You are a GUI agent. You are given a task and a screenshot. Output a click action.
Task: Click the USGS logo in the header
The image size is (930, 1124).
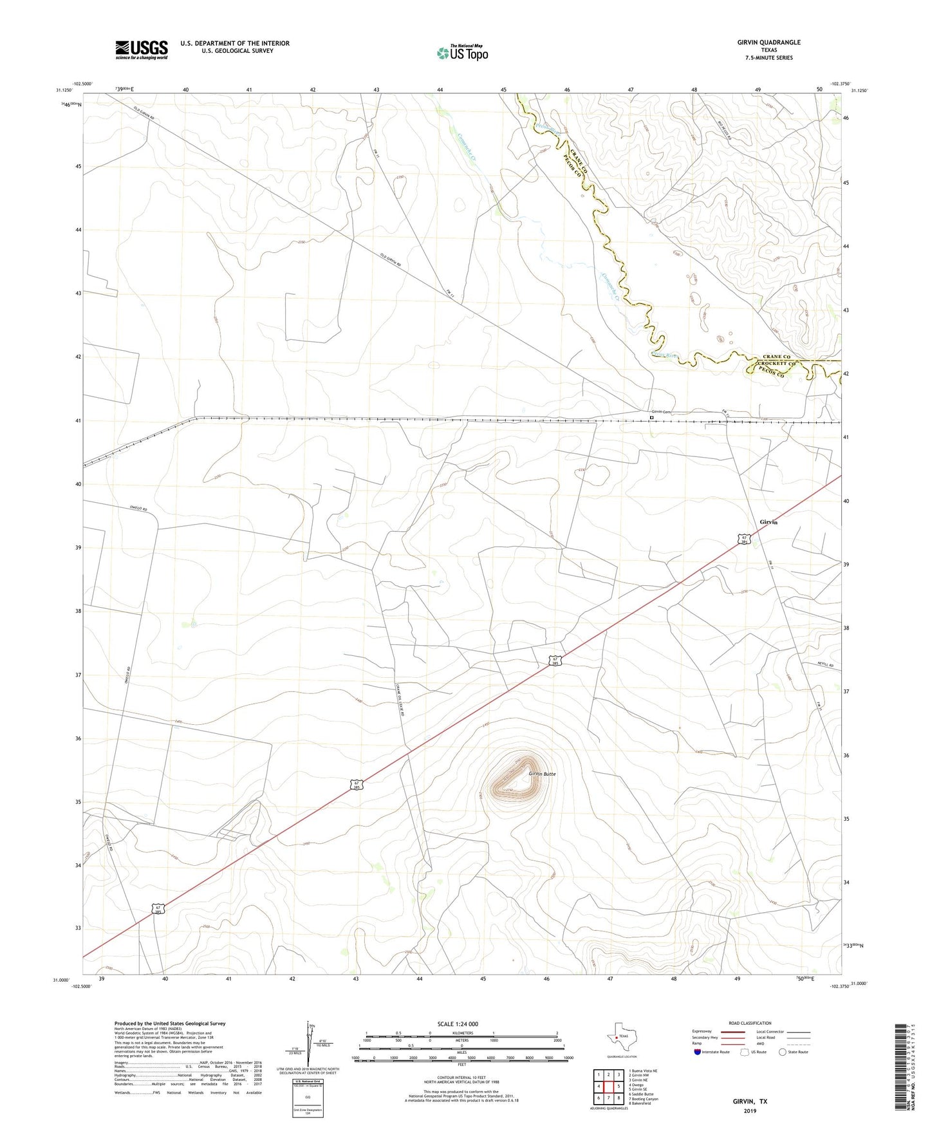[142, 50]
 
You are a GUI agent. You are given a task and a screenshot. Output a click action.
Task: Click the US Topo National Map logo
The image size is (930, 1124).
[462, 52]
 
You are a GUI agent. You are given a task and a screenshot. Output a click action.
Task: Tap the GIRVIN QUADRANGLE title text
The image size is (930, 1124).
[768, 42]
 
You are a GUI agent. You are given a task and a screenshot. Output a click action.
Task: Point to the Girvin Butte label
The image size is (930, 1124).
[542, 773]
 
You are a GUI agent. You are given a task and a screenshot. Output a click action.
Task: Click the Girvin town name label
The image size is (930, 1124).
[768, 522]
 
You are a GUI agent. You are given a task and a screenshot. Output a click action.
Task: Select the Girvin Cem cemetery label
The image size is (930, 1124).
[661, 412]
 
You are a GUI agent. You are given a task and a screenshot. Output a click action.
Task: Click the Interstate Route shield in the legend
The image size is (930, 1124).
[698, 1052]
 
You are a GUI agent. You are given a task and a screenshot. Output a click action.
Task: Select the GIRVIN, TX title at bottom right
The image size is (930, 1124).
[750, 1101]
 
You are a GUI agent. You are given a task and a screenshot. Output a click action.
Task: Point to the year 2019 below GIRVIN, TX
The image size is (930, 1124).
[750, 1111]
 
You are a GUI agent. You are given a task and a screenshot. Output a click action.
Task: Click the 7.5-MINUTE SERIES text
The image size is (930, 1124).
[768, 58]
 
